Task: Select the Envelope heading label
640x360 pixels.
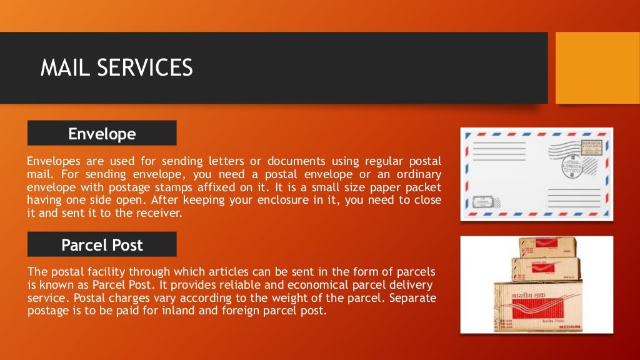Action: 102,134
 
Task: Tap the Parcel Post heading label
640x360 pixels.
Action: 102,245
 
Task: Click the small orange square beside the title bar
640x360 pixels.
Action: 597,67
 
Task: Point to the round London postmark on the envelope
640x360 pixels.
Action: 571,166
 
